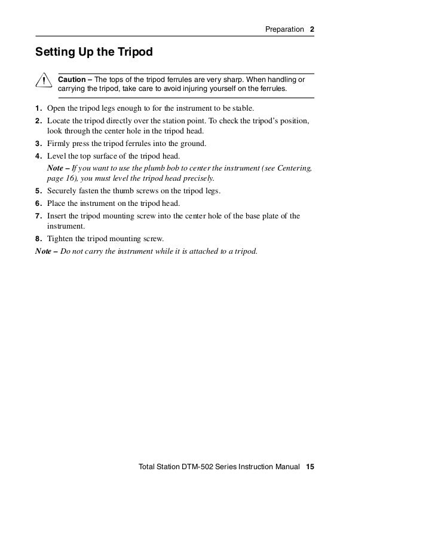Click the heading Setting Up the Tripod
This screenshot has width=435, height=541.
click(x=94, y=52)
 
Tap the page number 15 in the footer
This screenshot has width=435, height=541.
click(x=310, y=466)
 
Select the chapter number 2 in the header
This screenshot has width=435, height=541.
click(x=312, y=29)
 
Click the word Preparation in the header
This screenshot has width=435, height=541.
click(x=284, y=29)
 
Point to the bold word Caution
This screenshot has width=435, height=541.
click(x=71, y=80)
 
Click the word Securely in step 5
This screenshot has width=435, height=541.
click(x=62, y=192)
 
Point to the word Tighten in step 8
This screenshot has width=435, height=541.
click(x=60, y=239)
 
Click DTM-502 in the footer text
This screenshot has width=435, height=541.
click(x=198, y=466)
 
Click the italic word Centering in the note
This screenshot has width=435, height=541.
click(x=295, y=168)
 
